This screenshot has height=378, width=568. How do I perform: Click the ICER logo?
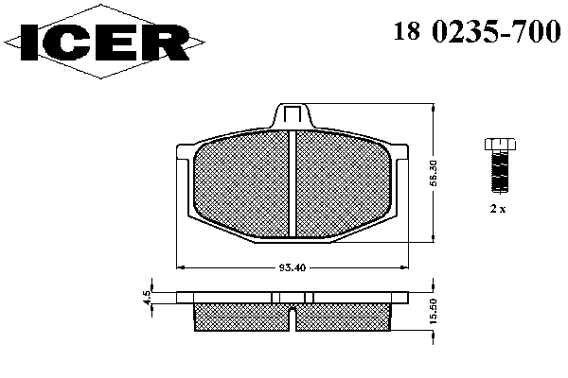(104, 42)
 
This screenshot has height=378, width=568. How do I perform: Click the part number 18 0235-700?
(477, 31)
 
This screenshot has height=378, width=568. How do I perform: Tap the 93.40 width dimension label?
(293, 267)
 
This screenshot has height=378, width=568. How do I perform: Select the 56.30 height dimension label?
(435, 173)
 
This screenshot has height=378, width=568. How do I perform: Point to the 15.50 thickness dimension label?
(435, 311)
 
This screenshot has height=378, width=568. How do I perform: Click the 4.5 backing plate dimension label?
(147, 298)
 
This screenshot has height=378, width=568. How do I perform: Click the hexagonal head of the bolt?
(500, 144)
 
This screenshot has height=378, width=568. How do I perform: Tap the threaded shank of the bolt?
(500, 171)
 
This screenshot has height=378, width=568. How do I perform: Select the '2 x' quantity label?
(498, 209)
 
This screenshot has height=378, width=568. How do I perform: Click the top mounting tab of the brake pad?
(293, 115)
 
